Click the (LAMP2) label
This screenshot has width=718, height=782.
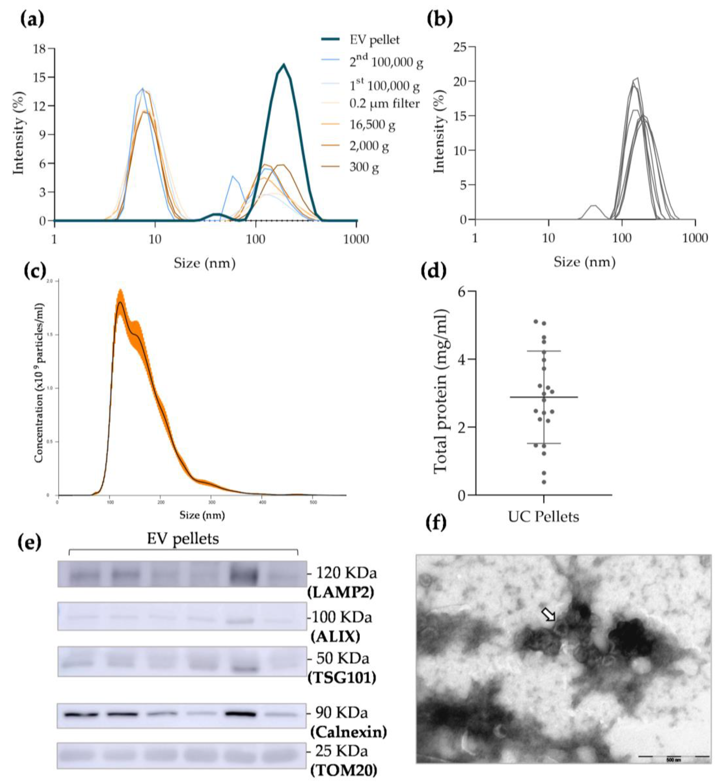[340, 592]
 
